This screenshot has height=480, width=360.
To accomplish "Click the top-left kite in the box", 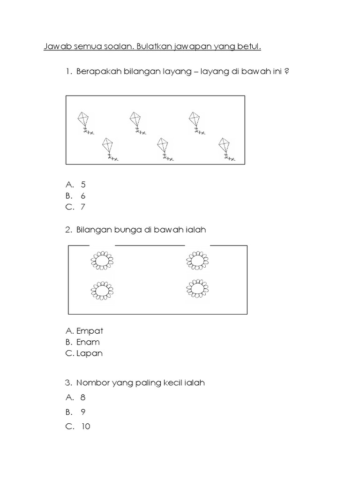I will (x=83, y=121).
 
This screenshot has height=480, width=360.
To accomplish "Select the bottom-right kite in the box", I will (x=225, y=147).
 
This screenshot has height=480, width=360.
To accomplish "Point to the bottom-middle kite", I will (x=163, y=147).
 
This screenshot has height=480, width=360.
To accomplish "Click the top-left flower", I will (x=102, y=261).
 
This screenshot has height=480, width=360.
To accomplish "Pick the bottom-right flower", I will (x=197, y=290).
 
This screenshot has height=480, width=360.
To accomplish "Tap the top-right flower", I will (x=197, y=261).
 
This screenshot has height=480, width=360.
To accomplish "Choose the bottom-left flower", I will (x=102, y=291).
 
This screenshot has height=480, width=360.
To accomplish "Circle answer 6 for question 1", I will (x=83, y=196).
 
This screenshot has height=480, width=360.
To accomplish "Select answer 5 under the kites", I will (x=83, y=185).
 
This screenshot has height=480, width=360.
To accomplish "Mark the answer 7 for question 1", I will (x=83, y=207).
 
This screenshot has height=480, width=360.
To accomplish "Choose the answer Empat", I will (x=90, y=331).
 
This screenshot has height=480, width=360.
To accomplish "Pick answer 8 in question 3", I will (x=83, y=397).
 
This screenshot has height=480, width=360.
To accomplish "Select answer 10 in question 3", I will (x=85, y=427).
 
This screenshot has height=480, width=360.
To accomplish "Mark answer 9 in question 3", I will (x=83, y=412).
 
